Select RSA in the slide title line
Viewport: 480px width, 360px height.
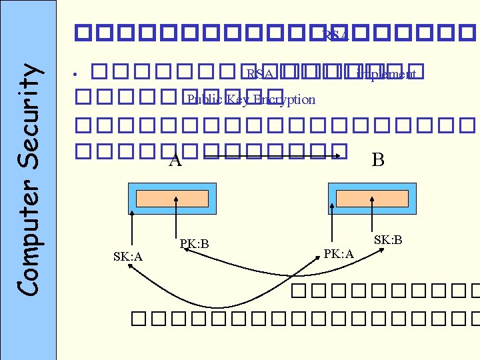[335, 35]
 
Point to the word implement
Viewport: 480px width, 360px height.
[387, 74]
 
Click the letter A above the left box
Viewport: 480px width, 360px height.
[175, 160]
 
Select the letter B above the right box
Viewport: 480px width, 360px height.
[377, 159]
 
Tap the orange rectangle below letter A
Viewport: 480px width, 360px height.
[172, 199]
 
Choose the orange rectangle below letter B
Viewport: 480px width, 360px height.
[372, 199]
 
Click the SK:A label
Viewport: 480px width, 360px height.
[128, 257]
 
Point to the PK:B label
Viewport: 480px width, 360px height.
[194, 244]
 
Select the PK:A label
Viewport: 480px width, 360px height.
[338, 253]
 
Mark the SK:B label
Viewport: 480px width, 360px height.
[387, 239]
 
